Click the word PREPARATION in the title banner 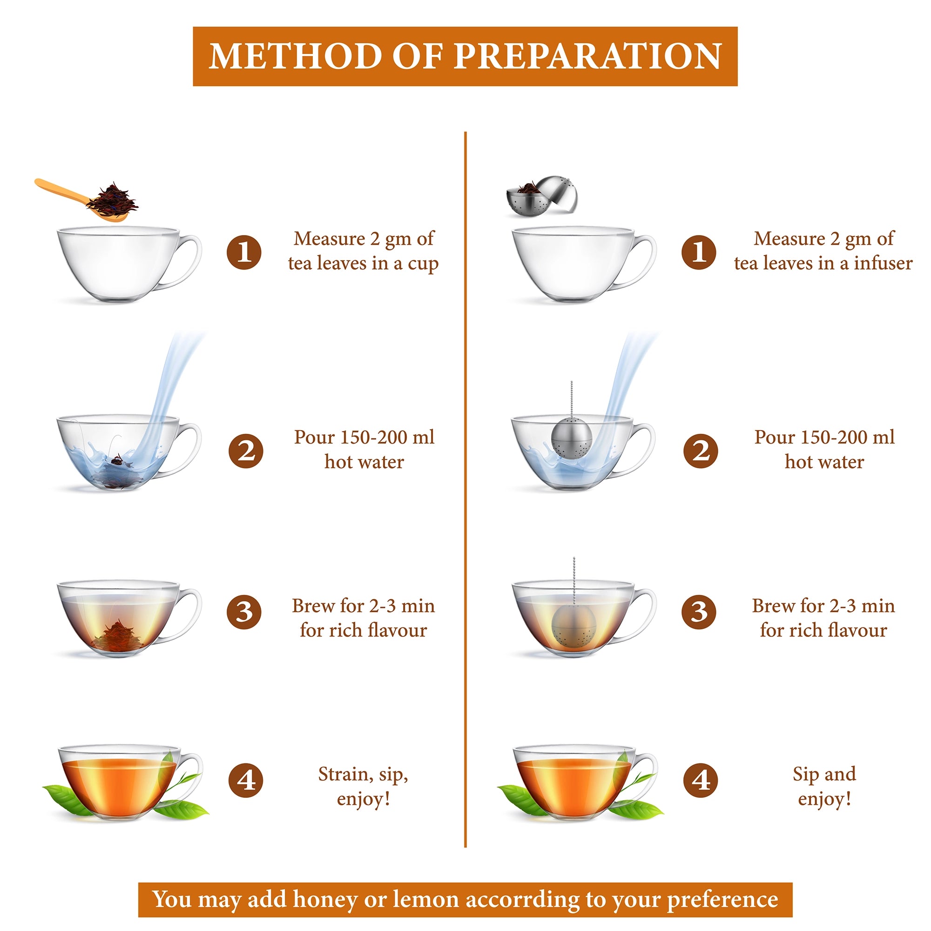(x=588, y=56)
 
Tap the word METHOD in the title (x=296, y=56)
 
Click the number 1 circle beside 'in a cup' (x=244, y=252)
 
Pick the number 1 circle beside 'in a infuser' (x=699, y=252)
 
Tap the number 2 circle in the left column (x=245, y=451)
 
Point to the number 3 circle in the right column (x=699, y=612)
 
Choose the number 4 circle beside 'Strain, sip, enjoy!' (x=245, y=781)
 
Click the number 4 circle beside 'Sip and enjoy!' (x=700, y=781)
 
